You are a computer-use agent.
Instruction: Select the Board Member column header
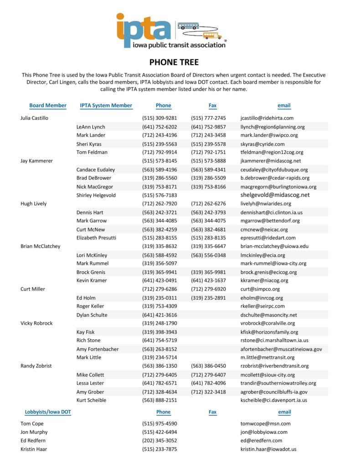coord(48,105)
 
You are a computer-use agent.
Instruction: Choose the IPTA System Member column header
coord(106,105)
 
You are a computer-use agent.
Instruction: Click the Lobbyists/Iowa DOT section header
coord(48,412)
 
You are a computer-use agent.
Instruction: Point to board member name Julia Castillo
coord(35,118)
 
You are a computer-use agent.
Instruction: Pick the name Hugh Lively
coord(34,203)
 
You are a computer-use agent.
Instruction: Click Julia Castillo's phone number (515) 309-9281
coord(159,118)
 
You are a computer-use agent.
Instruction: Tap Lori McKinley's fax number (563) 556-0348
coord(208,255)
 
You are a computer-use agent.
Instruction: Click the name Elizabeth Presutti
coord(97,238)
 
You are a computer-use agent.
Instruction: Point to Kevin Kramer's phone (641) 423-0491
coord(159,280)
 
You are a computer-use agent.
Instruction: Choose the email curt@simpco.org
coord(260,289)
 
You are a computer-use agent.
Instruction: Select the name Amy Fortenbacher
coord(98,349)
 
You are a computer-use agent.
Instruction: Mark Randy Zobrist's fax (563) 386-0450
coord(208,366)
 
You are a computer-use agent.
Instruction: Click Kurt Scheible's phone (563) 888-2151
coord(159,400)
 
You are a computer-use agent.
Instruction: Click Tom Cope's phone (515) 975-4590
coord(159,424)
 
